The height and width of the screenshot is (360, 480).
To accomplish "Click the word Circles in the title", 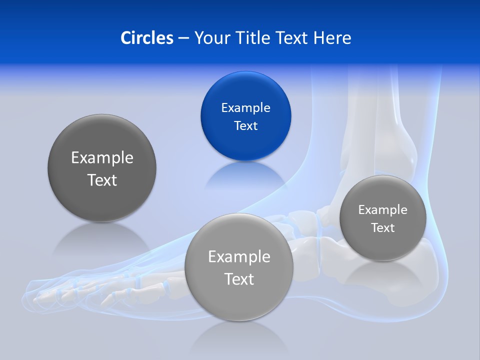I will (x=147, y=38).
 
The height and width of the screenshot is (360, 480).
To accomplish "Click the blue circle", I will (x=245, y=90).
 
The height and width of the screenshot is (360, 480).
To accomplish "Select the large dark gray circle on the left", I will (x=102, y=145).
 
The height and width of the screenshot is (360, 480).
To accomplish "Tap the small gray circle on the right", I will (x=382, y=245).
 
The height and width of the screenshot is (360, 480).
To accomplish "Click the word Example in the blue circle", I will (x=245, y=108).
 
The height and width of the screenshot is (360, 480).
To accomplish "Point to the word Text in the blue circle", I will (x=245, y=126).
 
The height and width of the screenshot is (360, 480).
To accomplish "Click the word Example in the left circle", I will (x=102, y=158).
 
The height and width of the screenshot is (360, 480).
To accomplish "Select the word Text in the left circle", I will (x=102, y=180).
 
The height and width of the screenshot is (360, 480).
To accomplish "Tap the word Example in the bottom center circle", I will (x=239, y=257).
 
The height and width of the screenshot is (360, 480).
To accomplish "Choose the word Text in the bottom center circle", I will (x=239, y=279).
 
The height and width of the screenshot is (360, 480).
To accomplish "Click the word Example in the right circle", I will (x=382, y=210).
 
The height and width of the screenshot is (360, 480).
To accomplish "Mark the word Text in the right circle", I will (x=382, y=228).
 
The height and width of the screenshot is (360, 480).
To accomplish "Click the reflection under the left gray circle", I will (x=102, y=240).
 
